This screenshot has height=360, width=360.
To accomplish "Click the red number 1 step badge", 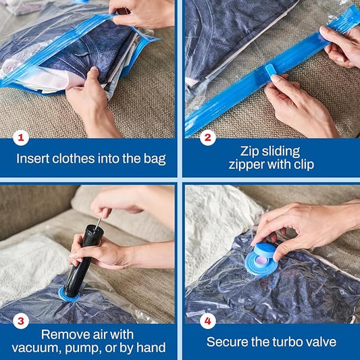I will pos(22,138).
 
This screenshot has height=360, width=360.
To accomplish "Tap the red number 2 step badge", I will pos(207,138).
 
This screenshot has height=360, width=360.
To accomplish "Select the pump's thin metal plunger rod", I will pos(97,220).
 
